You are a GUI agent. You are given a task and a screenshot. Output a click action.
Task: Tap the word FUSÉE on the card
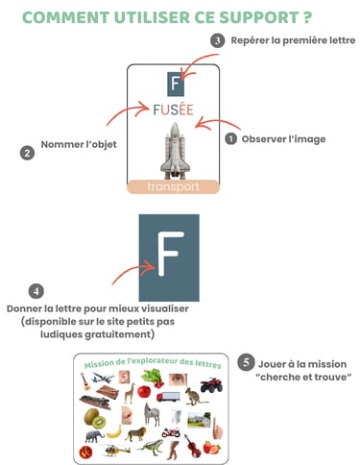click(x=173, y=110)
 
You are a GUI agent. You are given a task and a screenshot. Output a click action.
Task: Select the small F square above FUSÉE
click(x=174, y=83)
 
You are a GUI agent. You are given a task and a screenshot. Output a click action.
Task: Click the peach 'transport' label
click(x=174, y=186)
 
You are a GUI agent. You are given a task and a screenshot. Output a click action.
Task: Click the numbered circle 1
click(x=230, y=138)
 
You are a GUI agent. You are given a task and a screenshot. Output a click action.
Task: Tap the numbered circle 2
click(x=27, y=153)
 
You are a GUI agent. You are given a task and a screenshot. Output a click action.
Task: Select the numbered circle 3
click(x=218, y=40)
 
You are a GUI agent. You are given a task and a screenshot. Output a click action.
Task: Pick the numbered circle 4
click(x=36, y=290)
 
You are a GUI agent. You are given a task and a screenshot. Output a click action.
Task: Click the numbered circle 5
click(x=247, y=364)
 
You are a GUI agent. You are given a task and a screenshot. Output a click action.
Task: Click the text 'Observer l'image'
click(x=282, y=138)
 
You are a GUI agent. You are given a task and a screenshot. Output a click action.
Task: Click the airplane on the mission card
click(x=102, y=379)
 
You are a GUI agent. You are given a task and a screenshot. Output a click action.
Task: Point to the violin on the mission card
click(x=194, y=447)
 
